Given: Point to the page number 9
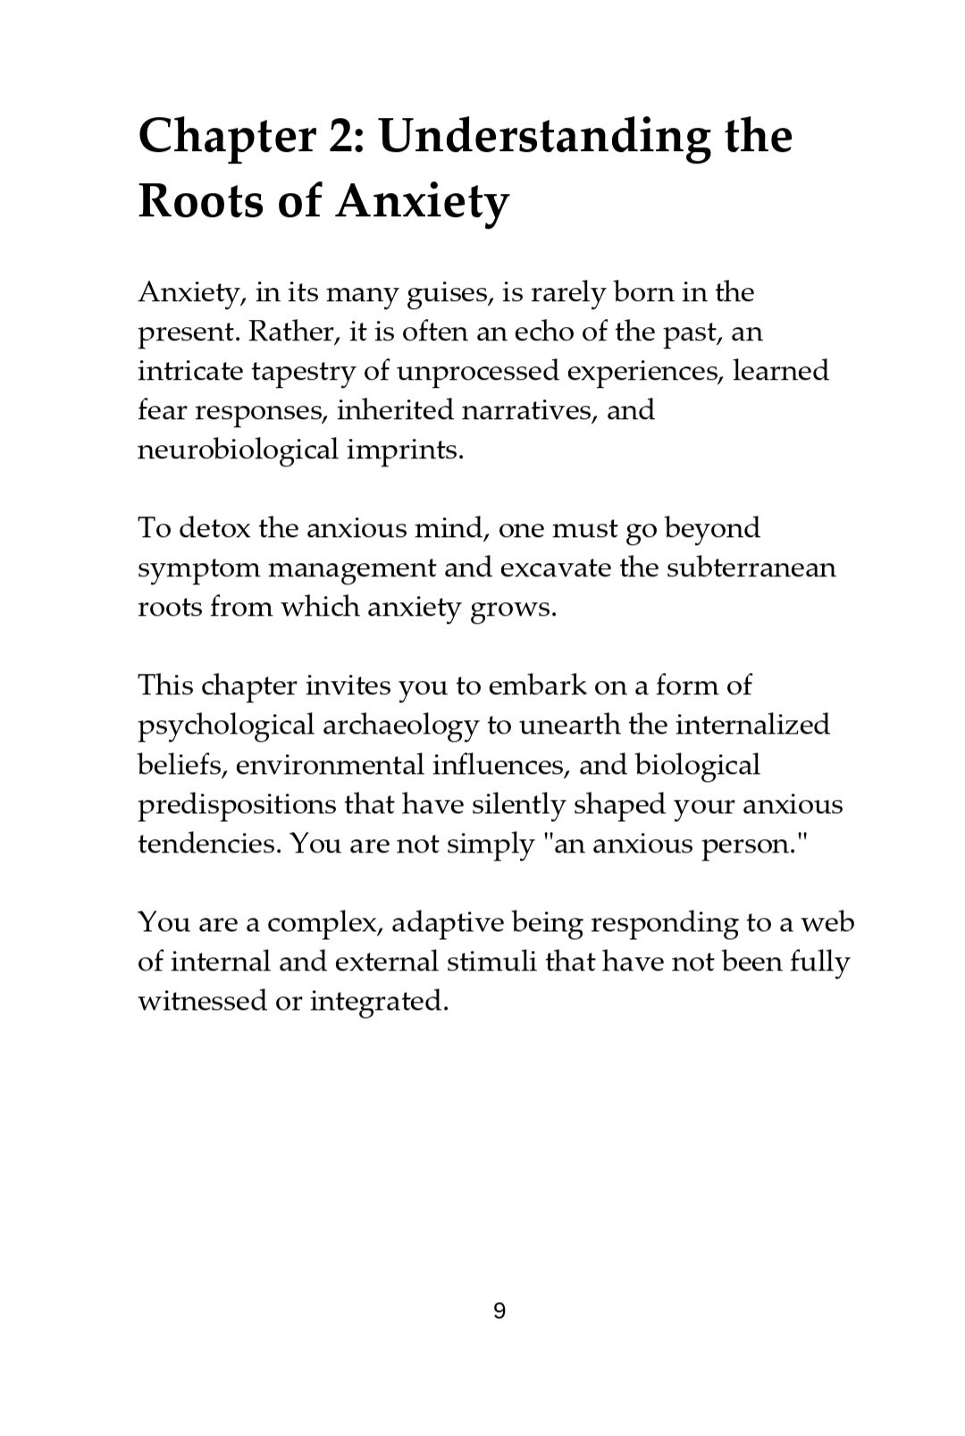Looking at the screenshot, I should (499, 1312).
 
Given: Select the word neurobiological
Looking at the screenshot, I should (237, 449).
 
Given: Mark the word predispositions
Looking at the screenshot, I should (237, 804).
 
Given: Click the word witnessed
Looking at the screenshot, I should (200, 1001).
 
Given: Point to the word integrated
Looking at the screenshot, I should (379, 1001).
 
